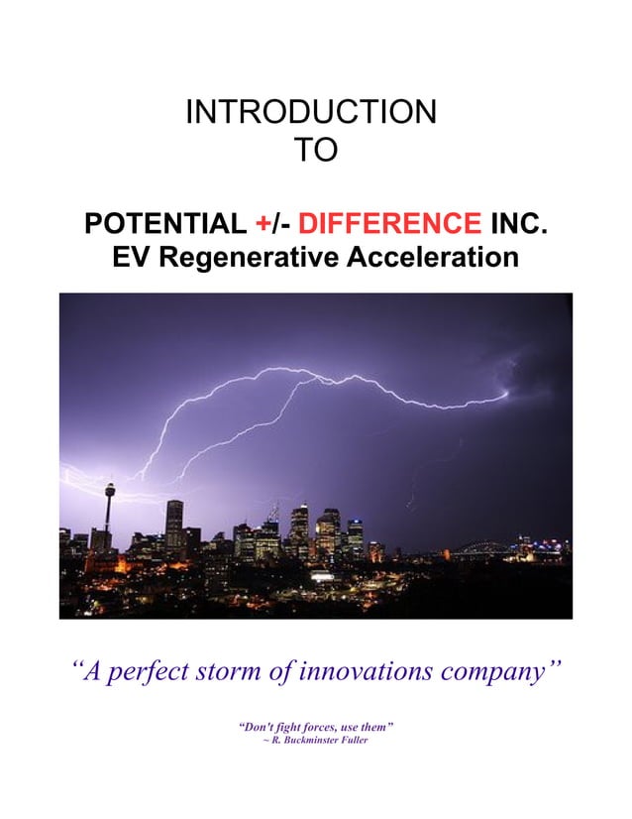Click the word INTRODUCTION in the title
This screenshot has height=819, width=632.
(311, 111)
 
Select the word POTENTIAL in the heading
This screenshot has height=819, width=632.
(164, 223)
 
